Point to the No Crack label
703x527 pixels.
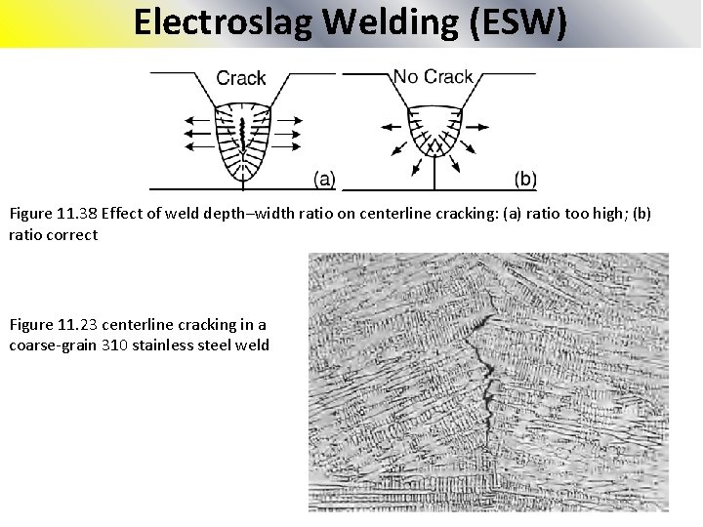click(433, 75)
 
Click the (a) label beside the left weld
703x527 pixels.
click(324, 179)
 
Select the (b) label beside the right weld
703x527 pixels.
click(524, 179)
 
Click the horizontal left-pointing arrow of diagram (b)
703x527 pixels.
click(391, 127)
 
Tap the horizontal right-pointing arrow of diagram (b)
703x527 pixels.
click(476, 127)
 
